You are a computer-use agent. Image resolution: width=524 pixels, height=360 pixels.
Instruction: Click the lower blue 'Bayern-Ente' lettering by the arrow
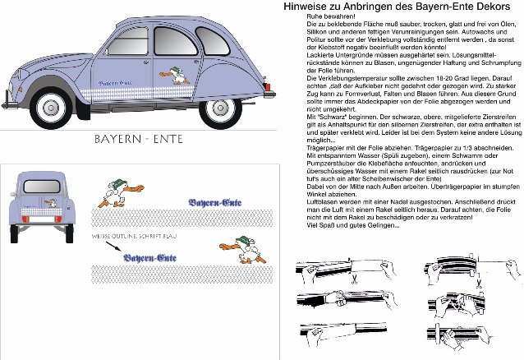(x=149, y=260)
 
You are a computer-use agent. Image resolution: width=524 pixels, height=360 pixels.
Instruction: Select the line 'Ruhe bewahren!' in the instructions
(x=327, y=16)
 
